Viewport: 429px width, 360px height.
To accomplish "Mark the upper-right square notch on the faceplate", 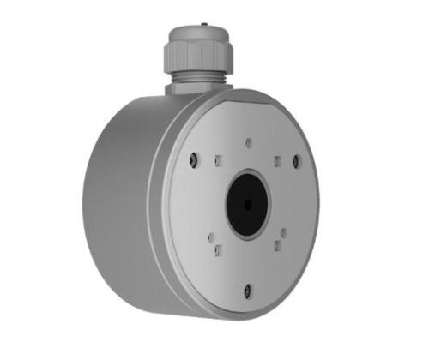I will pos(276,160).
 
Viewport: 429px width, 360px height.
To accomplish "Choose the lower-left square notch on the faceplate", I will pos(218,249).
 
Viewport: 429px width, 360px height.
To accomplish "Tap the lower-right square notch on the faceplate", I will pos(276,247).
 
